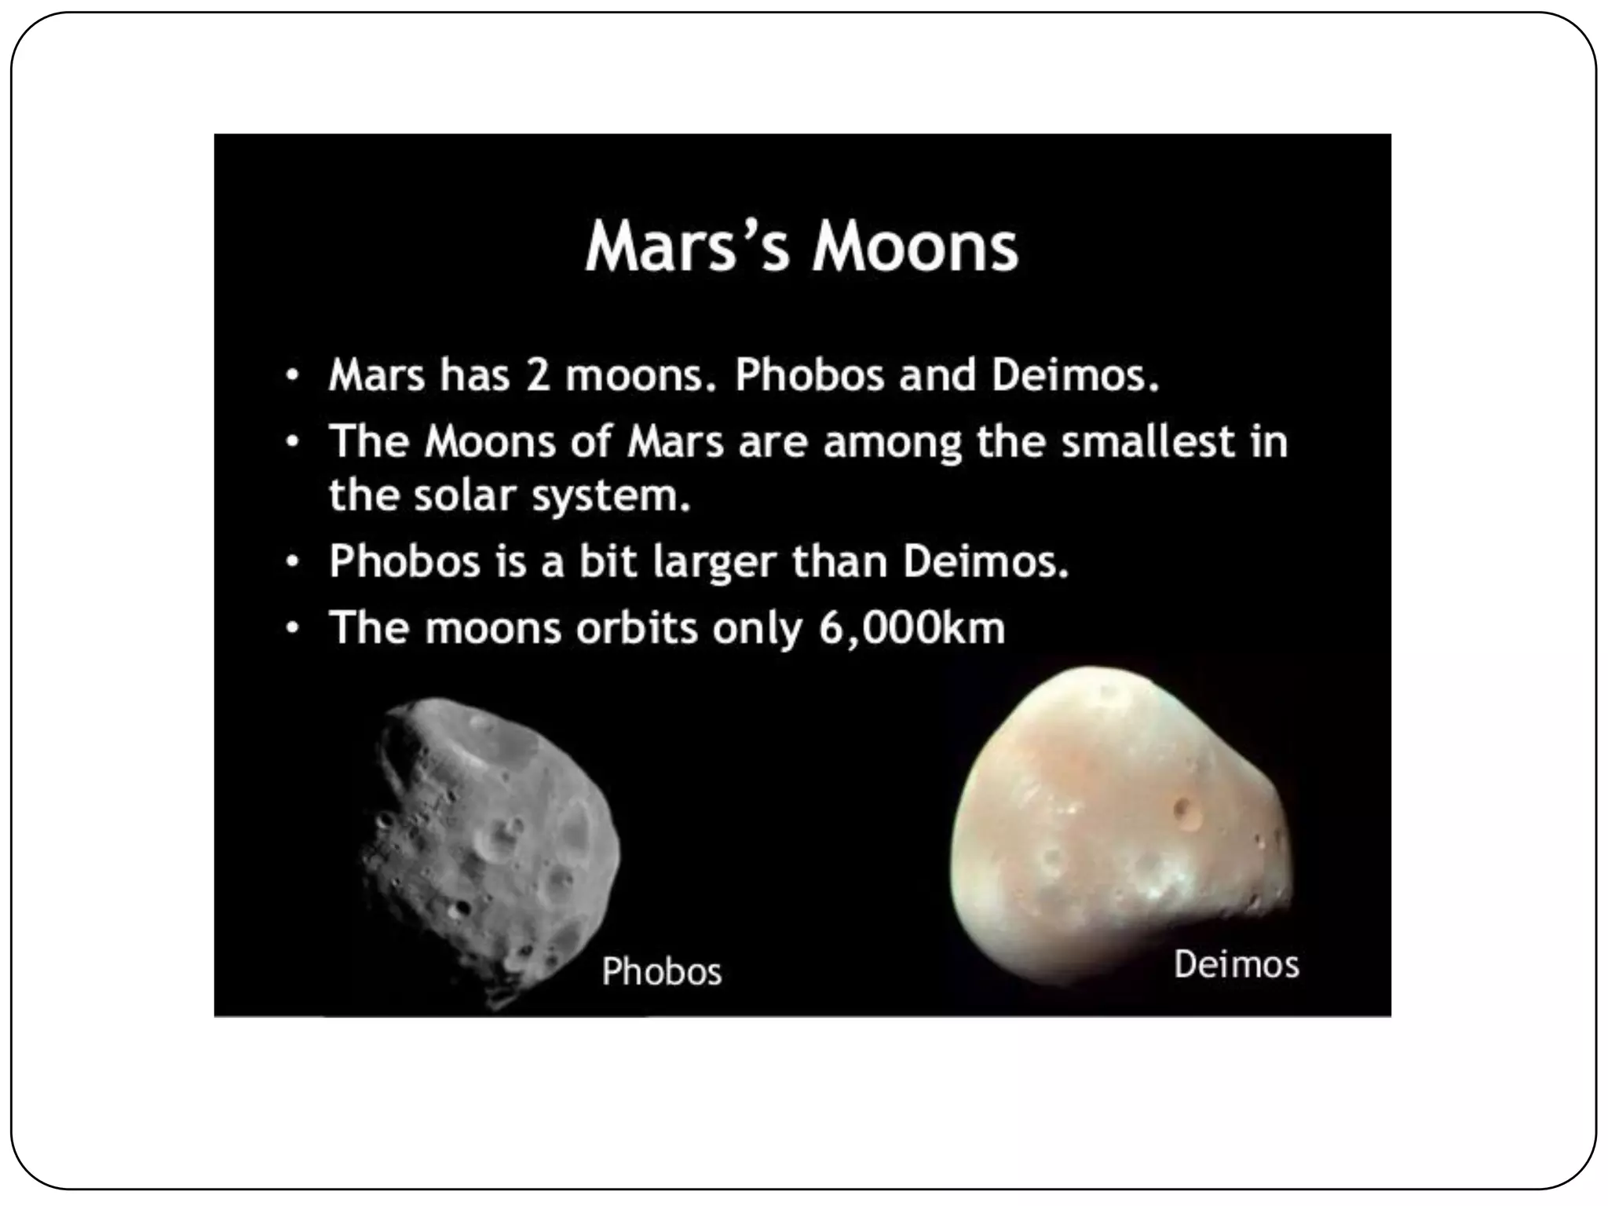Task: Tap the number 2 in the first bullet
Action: [538, 375]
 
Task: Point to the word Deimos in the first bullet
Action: [1074, 375]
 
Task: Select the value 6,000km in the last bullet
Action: [912, 627]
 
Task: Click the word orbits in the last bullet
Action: [637, 627]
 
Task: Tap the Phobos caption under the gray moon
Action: [661, 971]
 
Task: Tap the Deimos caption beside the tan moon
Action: [1236, 964]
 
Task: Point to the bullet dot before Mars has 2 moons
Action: [292, 375]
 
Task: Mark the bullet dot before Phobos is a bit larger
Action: [292, 562]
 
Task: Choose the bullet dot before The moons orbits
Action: [292, 628]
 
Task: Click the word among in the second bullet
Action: [893, 442]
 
